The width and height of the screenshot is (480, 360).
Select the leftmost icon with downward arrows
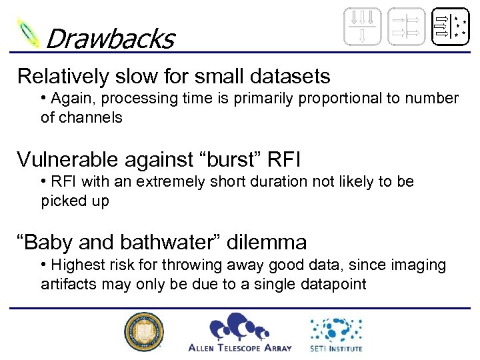363,27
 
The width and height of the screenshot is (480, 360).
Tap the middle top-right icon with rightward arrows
406,27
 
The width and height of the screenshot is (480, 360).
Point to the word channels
91,117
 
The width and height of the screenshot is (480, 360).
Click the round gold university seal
142,332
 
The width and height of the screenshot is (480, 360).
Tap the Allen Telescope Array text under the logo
239,347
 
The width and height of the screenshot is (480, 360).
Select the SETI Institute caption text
336,347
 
